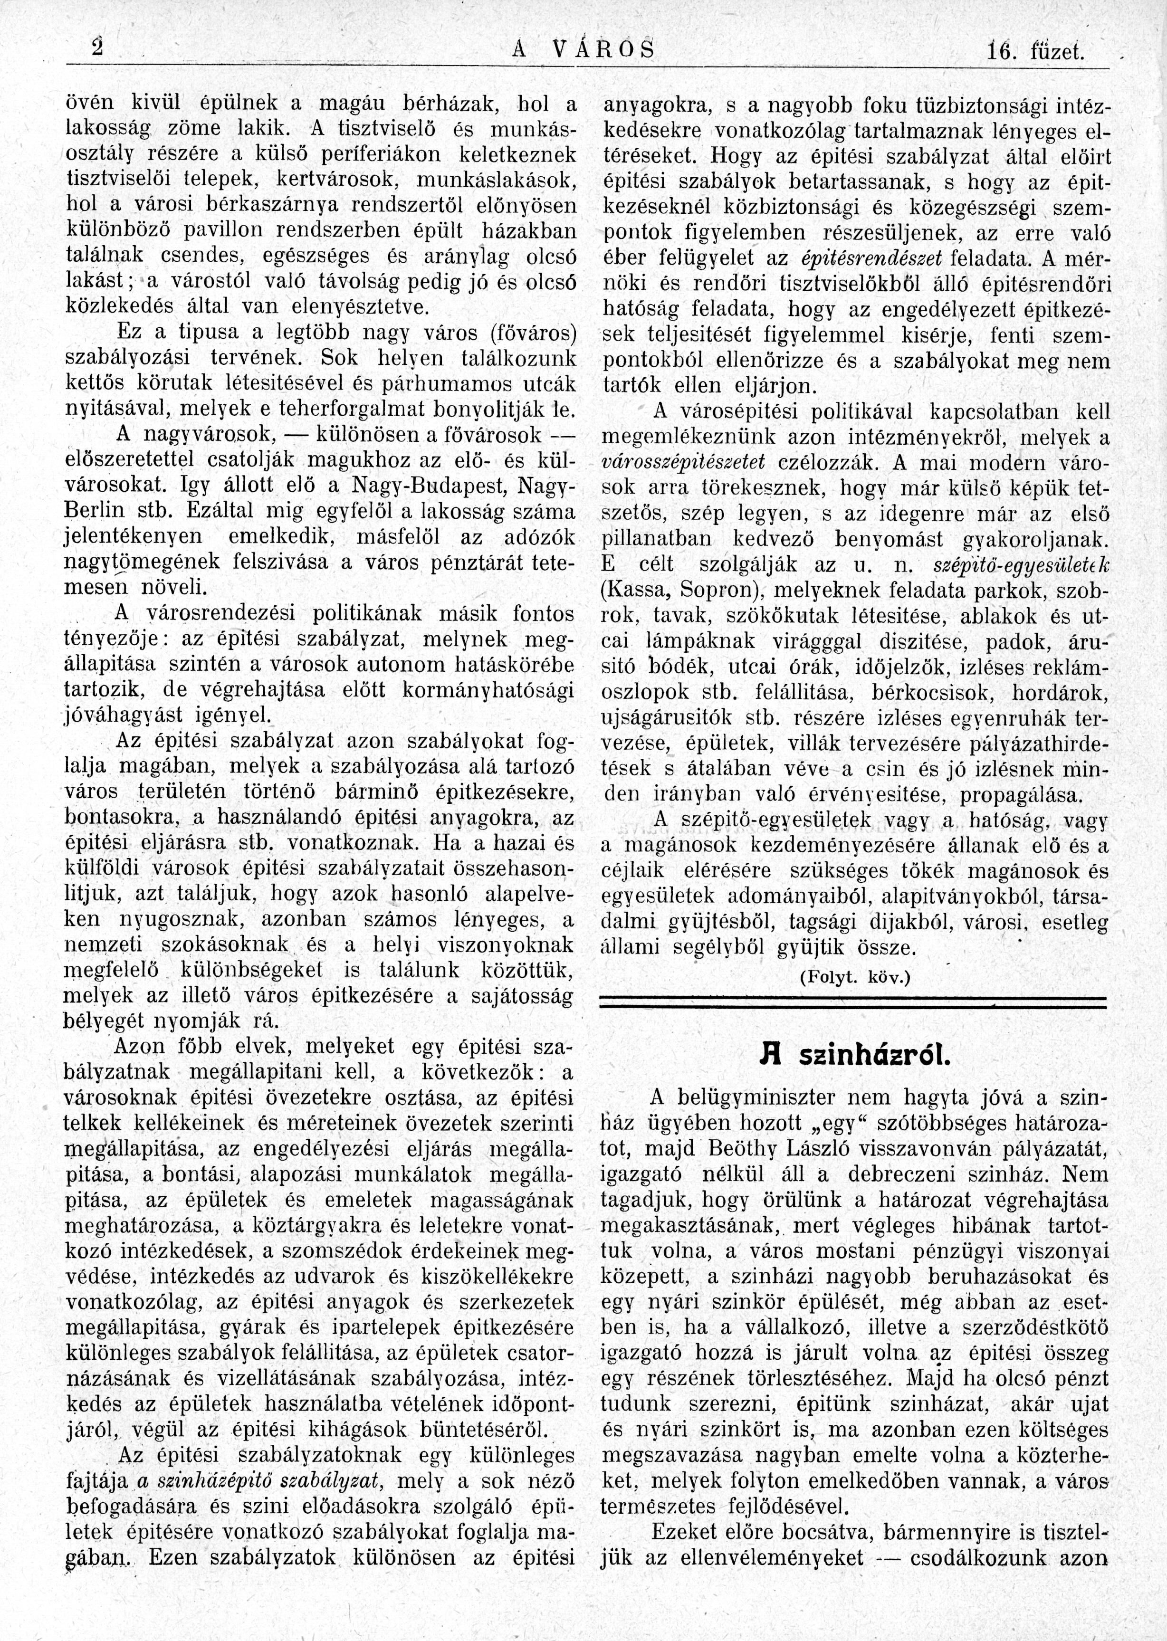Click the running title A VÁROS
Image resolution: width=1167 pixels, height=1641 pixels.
tap(585, 50)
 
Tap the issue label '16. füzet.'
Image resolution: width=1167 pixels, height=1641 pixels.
tap(1035, 52)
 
